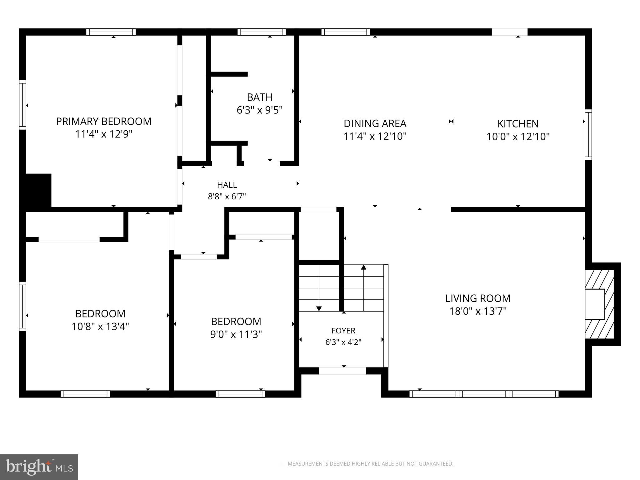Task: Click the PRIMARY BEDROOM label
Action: (104, 121)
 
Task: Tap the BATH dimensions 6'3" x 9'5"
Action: (260, 110)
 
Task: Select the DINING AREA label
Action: (375, 123)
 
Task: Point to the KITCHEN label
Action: (518, 124)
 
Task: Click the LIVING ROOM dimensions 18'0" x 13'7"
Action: (478, 311)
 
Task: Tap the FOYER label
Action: (343, 331)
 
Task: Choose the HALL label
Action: (227, 185)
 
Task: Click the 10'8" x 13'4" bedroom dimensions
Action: (100, 327)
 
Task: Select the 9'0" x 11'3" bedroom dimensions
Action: (236, 334)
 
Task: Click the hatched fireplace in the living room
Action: (600, 304)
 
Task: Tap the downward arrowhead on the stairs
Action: (319, 308)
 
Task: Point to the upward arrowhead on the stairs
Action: (363, 267)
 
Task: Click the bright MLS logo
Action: (39, 467)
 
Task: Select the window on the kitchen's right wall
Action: (588, 135)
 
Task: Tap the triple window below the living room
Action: (484, 394)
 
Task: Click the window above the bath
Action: (262, 32)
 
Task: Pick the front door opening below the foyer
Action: (342, 371)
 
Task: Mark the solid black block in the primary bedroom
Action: (35, 190)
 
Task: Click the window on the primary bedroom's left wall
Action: (22, 105)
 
